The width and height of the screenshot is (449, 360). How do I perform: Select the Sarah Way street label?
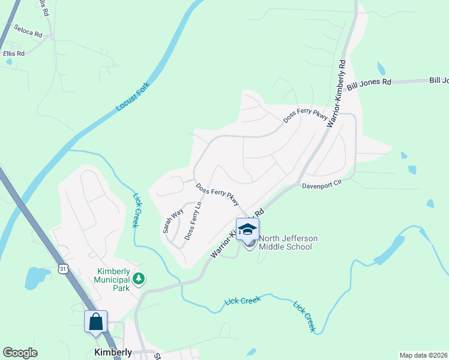pyautogui.click(x=172, y=221)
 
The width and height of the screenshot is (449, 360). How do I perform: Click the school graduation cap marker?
pyautogui.click(x=247, y=229)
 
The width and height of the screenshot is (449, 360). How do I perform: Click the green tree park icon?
pyautogui.click(x=139, y=278)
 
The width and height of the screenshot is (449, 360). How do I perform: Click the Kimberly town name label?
pyautogui.click(x=113, y=352)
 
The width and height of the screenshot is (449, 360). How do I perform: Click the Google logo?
pyautogui.click(x=20, y=353)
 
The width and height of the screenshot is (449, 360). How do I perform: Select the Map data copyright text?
pyautogui.click(x=423, y=355)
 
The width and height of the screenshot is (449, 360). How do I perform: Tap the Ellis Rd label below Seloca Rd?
pyautogui.click(x=13, y=53)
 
